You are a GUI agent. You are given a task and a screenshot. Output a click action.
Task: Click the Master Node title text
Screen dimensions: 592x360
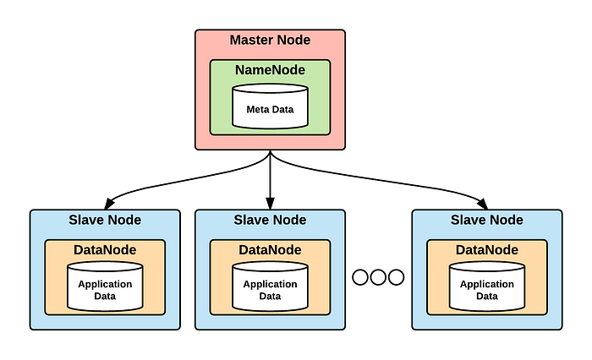point(270,40)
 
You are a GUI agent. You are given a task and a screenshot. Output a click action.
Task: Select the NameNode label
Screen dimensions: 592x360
point(270,70)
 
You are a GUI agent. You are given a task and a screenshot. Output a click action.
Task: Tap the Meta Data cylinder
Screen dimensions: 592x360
point(270,106)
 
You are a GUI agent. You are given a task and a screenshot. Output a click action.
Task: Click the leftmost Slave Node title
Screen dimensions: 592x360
point(105,220)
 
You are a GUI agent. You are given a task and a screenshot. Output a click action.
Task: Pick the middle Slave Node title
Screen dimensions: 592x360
point(270,220)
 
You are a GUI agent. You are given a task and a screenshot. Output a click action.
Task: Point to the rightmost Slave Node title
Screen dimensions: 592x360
point(486,220)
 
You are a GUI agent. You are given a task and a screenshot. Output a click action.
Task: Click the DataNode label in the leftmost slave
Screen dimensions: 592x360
point(105,250)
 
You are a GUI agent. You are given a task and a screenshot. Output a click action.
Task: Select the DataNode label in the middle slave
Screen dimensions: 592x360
point(270,250)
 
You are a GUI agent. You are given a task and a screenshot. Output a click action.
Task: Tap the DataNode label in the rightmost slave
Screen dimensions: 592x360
point(486,250)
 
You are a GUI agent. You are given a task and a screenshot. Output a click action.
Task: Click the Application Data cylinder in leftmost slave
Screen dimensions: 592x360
point(105,286)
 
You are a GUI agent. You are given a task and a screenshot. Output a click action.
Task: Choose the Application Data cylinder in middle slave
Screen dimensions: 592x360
point(270,286)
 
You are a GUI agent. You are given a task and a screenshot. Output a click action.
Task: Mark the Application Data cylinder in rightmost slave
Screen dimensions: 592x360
point(486,286)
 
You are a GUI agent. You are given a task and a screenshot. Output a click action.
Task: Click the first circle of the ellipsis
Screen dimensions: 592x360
point(359,277)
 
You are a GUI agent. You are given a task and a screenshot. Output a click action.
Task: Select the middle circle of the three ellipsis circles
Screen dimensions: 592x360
point(378,277)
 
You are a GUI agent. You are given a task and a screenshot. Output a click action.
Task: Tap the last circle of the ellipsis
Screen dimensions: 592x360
point(396,277)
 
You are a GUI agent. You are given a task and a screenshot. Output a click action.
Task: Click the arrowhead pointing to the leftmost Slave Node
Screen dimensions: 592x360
point(109,204)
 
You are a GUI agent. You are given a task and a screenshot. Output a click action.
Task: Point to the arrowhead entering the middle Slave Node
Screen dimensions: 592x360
point(270,203)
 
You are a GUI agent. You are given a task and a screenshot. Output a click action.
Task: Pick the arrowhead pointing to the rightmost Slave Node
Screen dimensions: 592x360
point(483,204)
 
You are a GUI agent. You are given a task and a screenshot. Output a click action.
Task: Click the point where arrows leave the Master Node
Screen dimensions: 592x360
point(270,151)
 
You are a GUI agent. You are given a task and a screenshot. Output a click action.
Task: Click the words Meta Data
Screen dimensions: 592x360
point(270,109)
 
